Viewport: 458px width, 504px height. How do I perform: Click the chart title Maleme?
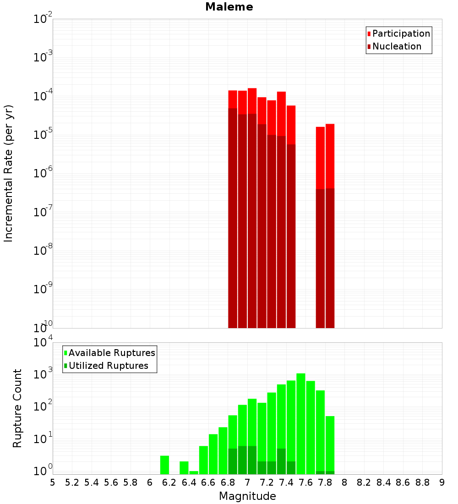pos(229,7)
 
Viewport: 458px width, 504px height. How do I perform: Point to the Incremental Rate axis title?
pos(9,173)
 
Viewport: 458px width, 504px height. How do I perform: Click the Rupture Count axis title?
pos(17,408)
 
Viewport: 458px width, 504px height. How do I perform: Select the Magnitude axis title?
pos(247,496)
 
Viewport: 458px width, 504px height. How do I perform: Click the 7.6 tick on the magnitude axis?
pos(305,482)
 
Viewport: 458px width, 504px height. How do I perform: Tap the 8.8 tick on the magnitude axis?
pos(422,482)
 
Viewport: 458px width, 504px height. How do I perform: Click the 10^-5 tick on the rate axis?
pos(43,135)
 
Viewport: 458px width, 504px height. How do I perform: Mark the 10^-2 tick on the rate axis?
pos(43,19)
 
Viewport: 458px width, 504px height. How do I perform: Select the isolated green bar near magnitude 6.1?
pos(165,465)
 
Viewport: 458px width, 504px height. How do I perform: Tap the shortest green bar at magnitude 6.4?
pos(194,472)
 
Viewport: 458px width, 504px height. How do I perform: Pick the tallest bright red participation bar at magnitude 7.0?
pos(252,101)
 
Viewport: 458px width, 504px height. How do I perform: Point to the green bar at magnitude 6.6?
pos(213,454)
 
